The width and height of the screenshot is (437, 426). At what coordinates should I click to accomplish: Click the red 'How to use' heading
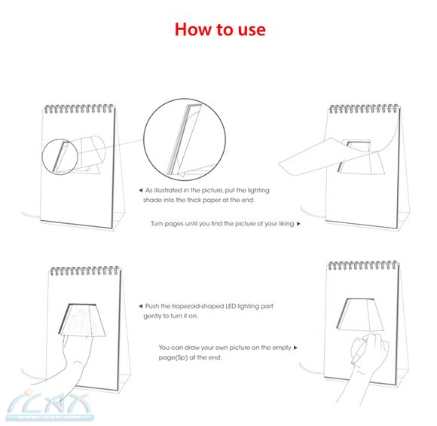[x=220, y=29]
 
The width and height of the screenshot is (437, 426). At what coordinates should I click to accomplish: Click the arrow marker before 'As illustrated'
[x=141, y=190]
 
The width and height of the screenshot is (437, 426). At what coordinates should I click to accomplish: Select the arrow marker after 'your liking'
[x=298, y=224]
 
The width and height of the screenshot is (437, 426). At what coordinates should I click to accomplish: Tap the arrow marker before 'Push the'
[x=140, y=306]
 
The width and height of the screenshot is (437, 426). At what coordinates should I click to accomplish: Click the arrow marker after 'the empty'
[x=295, y=348]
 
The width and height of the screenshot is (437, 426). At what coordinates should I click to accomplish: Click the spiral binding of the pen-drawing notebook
[x=363, y=265]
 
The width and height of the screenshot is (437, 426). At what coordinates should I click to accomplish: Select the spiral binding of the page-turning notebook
[x=364, y=109]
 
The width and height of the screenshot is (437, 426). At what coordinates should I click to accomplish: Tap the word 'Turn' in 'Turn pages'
[x=157, y=224]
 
